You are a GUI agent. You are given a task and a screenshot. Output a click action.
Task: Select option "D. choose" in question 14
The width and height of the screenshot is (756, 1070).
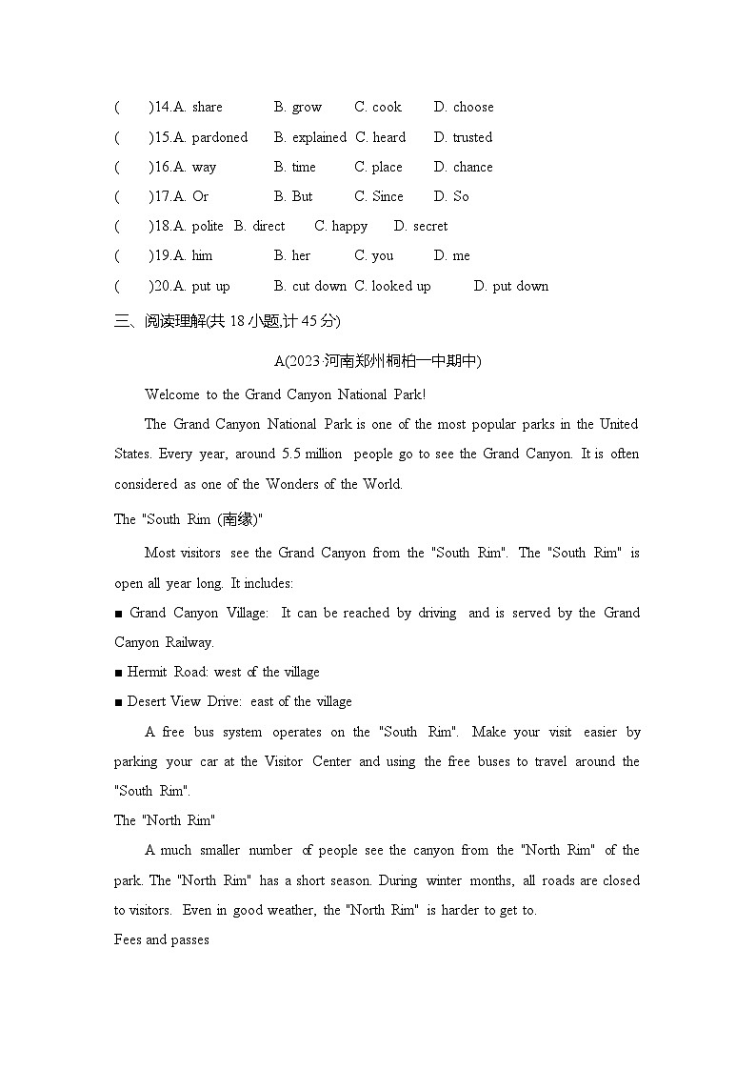click(464, 108)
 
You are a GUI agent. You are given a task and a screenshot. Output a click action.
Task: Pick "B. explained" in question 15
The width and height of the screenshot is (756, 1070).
click(310, 137)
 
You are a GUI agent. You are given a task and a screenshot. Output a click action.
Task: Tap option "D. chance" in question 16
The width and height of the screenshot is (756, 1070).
click(464, 167)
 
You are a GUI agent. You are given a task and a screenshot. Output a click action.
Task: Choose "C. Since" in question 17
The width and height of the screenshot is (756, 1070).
click(379, 196)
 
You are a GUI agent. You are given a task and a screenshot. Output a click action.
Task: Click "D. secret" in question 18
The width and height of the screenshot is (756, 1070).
click(421, 226)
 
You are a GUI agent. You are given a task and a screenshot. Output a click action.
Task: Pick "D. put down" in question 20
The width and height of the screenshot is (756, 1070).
click(511, 286)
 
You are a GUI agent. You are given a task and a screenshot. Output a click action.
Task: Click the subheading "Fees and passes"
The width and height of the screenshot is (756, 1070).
click(161, 939)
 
